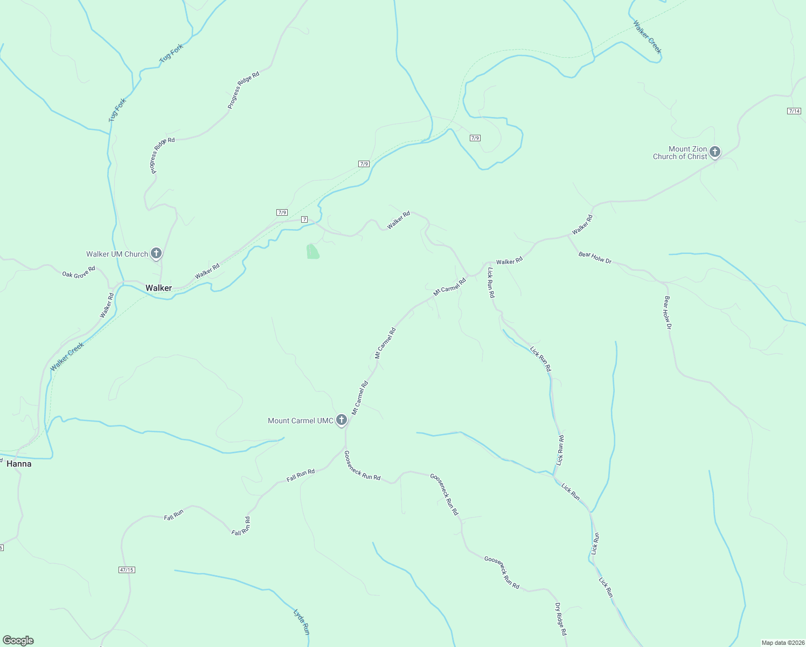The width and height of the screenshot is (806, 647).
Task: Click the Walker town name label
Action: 158,288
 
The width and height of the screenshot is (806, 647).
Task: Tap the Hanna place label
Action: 19,464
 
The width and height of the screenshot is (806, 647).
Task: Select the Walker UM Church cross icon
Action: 156,253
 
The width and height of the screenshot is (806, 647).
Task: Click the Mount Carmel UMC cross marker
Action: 341,419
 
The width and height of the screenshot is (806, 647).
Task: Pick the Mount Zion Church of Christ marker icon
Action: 715,152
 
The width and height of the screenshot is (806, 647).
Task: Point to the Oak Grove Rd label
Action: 79,271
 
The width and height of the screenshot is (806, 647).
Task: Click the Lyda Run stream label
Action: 302,622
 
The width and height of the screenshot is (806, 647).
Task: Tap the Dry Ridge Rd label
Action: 561,619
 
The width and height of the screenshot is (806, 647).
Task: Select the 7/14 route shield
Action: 794,111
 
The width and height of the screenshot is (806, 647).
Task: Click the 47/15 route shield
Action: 126,569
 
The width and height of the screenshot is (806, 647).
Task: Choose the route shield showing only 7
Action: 304,219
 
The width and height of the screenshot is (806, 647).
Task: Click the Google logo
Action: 18,641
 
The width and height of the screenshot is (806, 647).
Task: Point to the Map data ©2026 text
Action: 782,643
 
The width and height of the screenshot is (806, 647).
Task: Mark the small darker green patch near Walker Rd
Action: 312,251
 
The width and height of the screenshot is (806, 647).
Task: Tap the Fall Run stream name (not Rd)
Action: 174,515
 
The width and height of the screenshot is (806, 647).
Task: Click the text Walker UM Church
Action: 117,254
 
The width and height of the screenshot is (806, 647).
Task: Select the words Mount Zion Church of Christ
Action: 680,153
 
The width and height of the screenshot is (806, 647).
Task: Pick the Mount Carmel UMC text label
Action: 301,421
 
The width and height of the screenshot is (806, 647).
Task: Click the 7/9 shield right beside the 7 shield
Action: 282,212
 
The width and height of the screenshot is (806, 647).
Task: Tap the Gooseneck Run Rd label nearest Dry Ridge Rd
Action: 502,573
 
